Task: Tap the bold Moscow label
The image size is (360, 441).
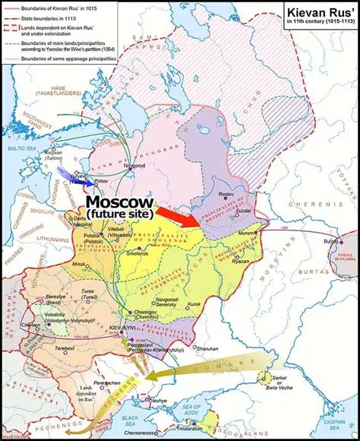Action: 119,204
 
